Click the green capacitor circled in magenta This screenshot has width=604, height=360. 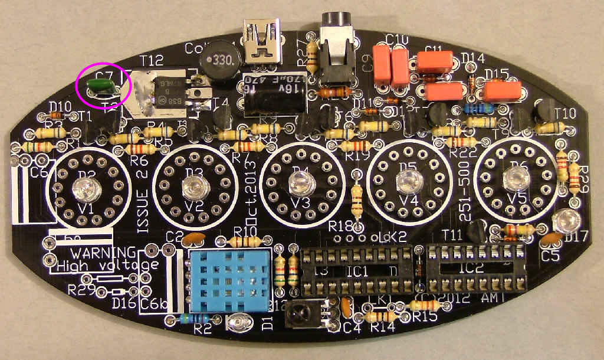101,87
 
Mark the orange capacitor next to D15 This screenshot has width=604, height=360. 503,91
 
